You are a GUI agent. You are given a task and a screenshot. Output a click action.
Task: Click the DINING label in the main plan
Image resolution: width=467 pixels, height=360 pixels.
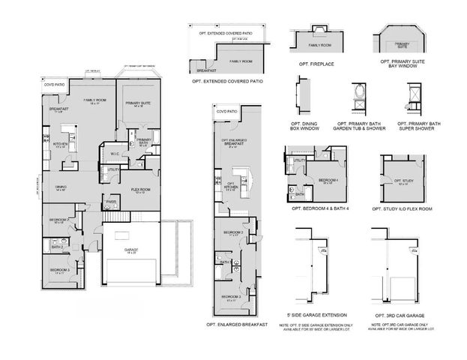[x=61, y=187]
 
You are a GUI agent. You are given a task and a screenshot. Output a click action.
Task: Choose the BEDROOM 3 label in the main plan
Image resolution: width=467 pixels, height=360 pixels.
[x=60, y=270]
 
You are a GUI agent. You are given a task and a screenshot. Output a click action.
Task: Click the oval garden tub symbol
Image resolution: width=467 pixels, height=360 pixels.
[x=356, y=95]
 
